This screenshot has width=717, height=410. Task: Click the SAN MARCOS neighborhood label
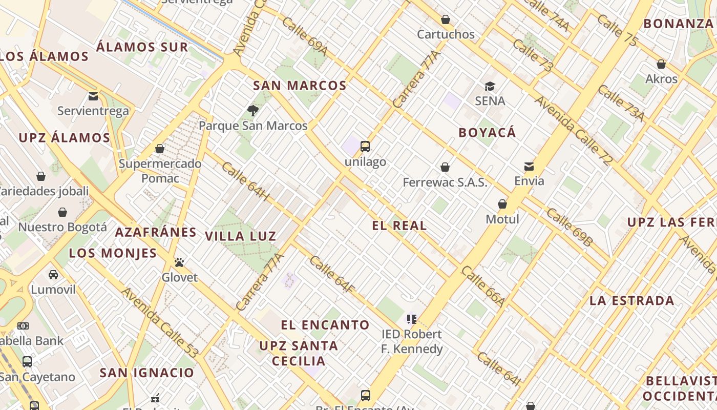[x=300, y=86]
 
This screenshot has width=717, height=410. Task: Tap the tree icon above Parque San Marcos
[x=252, y=110]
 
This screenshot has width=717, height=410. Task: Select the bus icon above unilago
[x=365, y=147]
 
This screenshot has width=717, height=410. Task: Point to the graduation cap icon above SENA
[x=490, y=86]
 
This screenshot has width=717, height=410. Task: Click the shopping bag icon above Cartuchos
[x=446, y=19]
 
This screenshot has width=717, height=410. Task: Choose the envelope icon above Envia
[x=529, y=166]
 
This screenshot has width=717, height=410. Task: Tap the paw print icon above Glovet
[x=179, y=262]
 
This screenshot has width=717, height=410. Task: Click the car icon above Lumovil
[x=53, y=275]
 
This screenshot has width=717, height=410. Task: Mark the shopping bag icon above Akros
[x=661, y=64]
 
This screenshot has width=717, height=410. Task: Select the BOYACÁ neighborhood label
[x=487, y=133]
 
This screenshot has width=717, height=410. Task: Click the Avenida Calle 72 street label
[x=574, y=131]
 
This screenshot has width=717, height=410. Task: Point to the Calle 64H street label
[x=245, y=182]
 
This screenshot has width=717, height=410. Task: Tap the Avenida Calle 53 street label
[x=159, y=323]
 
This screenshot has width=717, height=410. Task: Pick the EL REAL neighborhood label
[x=399, y=225]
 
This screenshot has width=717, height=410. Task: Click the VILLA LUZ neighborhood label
[x=241, y=236]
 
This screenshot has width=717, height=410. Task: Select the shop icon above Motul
[x=502, y=204]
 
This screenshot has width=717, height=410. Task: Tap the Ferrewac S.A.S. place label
[x=445, y=182]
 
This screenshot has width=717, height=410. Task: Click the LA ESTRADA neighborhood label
[x=631, y=301]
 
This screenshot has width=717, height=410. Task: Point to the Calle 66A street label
[x=483, y=287]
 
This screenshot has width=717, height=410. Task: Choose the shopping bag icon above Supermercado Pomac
[x=160, y=149]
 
